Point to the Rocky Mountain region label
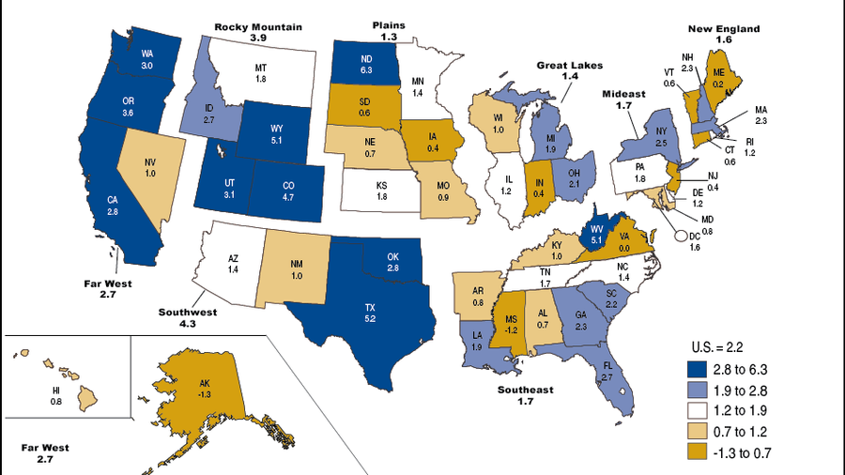pos(259,33)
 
